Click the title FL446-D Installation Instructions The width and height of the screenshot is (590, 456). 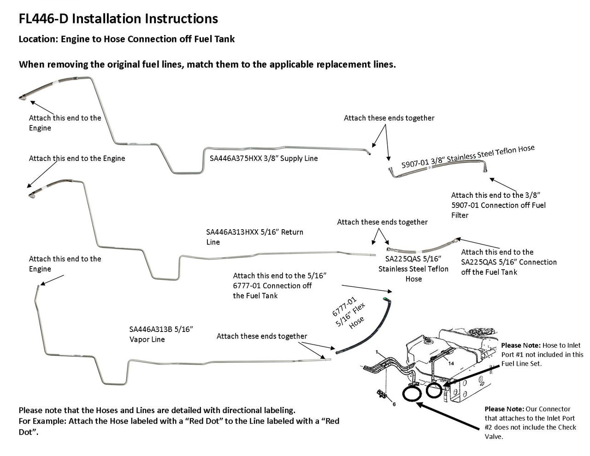[x=118, y=19]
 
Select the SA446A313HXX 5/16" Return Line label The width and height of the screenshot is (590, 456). [x=254, y=237]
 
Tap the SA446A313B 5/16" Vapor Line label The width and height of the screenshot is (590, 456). [x=161, y=334]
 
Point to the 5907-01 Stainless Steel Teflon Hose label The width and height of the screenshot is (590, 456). [x=467, y=157]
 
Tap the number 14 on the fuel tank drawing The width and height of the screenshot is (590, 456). [x=451, y=363]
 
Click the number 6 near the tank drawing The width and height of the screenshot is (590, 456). [x=394, y=404]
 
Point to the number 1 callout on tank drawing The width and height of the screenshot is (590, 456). [x=377, y=352]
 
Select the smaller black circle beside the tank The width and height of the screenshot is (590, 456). [x=435, y=390]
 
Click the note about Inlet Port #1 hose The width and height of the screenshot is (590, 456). [x=542, y=354]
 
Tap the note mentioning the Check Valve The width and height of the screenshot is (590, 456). [x=530, y=422]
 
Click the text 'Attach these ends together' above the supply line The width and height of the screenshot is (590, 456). [x=389, y=118]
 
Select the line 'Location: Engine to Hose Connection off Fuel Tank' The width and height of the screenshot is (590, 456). [x=126, y=39]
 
